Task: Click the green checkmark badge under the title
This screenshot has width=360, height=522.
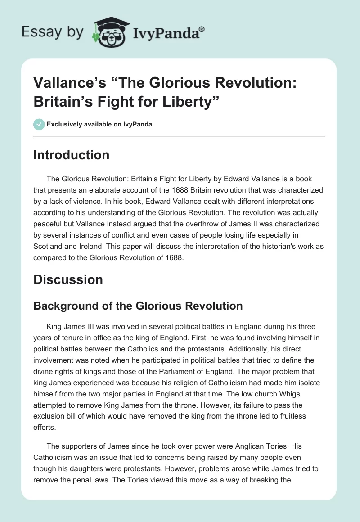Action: point(39,124)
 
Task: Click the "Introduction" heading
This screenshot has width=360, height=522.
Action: point(72,155)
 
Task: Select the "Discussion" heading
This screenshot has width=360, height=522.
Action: point(68,279)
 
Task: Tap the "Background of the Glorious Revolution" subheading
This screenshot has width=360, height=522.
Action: point(138,306)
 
